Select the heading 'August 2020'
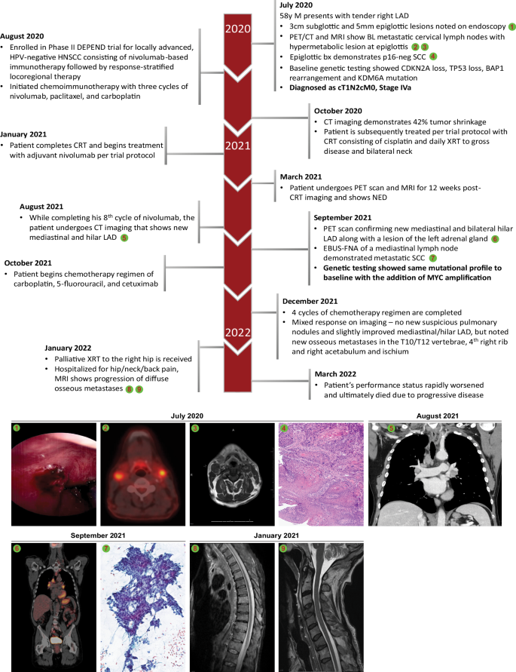tap(26, 36)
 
